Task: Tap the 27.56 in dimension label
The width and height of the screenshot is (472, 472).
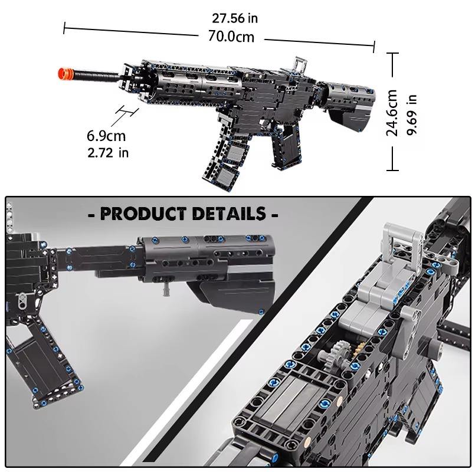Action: point(235,18)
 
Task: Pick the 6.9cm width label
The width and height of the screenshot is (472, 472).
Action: point(106,136)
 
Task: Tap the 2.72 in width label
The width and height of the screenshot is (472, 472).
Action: point(107,153)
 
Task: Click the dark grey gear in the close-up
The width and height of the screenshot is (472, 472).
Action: point(340,353)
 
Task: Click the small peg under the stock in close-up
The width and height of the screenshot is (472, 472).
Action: point(167,289)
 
